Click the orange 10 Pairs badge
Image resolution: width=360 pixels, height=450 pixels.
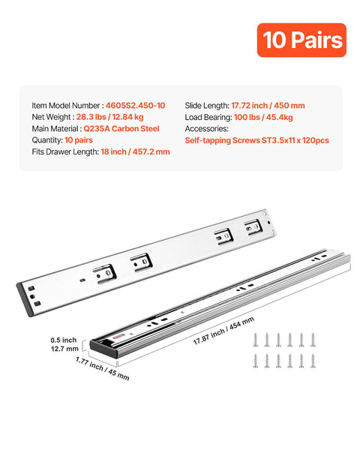(x=301, y=40)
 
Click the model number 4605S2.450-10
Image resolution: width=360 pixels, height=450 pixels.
(x=137, y=106)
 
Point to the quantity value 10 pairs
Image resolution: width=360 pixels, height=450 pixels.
(x=79, y=139)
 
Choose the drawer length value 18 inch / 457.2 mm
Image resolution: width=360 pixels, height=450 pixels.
(x=135, y=151)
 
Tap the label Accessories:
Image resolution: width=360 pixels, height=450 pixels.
(x=209, y=128)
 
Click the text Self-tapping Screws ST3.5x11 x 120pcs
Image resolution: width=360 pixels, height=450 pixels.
(x=256, y=140)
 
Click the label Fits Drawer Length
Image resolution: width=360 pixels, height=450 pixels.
(x=65, y=151)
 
